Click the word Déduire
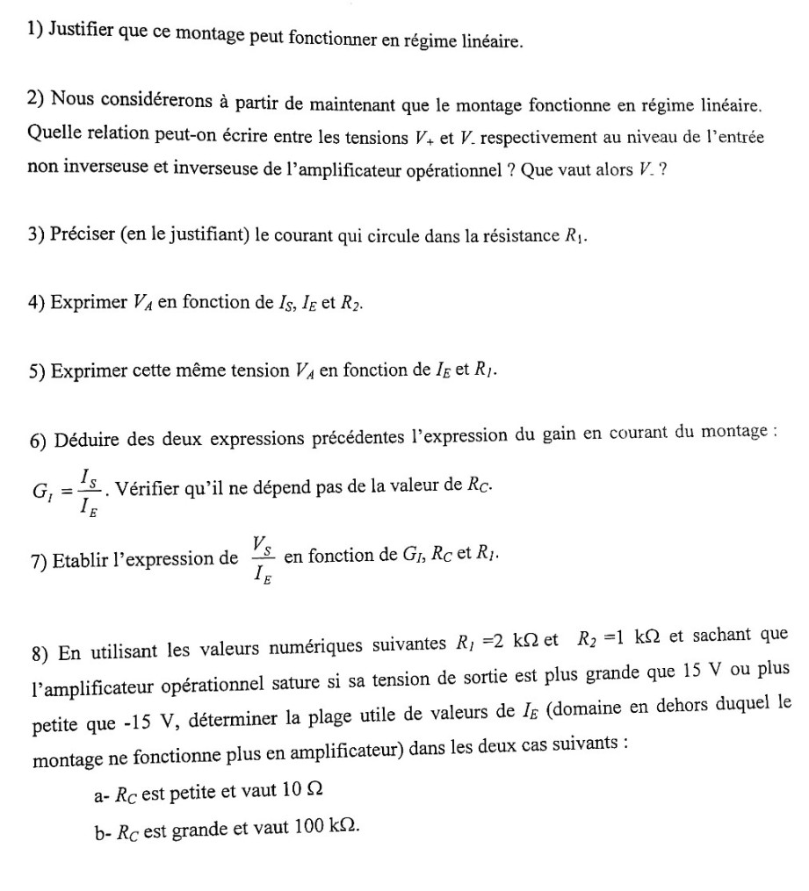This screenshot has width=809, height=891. tap(87, 439)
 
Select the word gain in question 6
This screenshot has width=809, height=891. tap(560, 439)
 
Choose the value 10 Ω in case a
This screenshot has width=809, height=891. tap(300, 794)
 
